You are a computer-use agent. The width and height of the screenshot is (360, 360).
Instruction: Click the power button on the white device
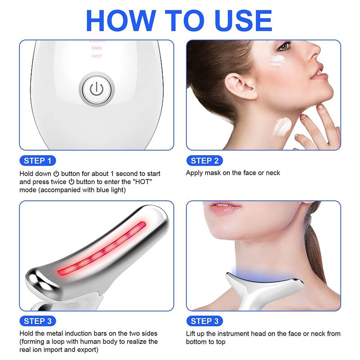95,89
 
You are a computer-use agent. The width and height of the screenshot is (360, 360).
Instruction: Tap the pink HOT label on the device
97,56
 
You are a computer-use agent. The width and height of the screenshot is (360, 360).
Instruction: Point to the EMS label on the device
97,48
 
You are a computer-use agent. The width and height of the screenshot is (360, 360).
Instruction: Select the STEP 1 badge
38,161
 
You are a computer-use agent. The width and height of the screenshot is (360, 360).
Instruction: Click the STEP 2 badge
205,161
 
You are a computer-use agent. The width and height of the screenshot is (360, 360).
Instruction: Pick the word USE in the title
242,21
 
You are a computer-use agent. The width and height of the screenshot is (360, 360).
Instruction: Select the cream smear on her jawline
283,126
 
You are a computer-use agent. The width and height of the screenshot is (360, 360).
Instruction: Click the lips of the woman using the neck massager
225,208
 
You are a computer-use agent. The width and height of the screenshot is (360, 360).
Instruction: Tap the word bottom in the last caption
196,342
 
